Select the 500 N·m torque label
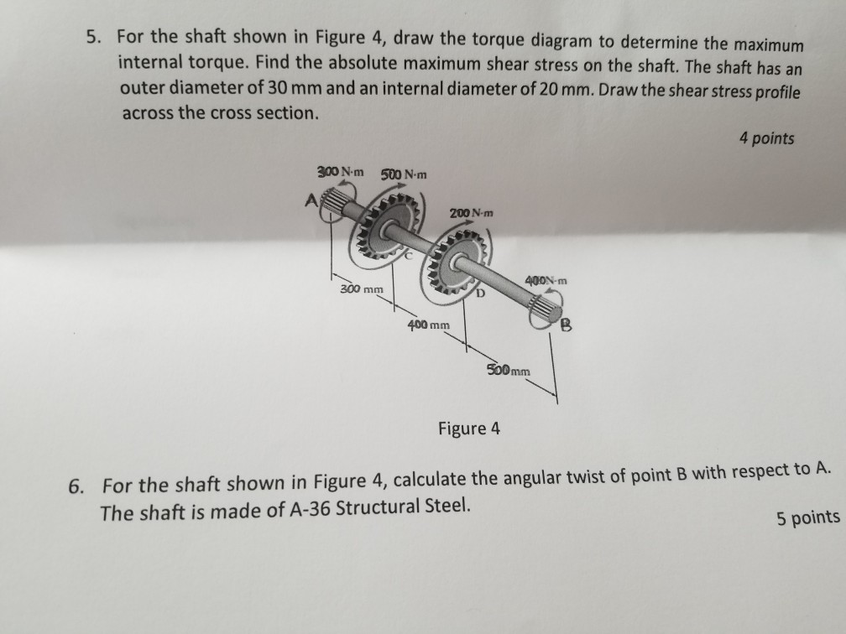tap(404, 175)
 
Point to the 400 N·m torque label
tap(546, 279)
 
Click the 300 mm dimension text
tap(361, 289)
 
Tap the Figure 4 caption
tap(468, 429)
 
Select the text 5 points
tap(807, 517)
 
